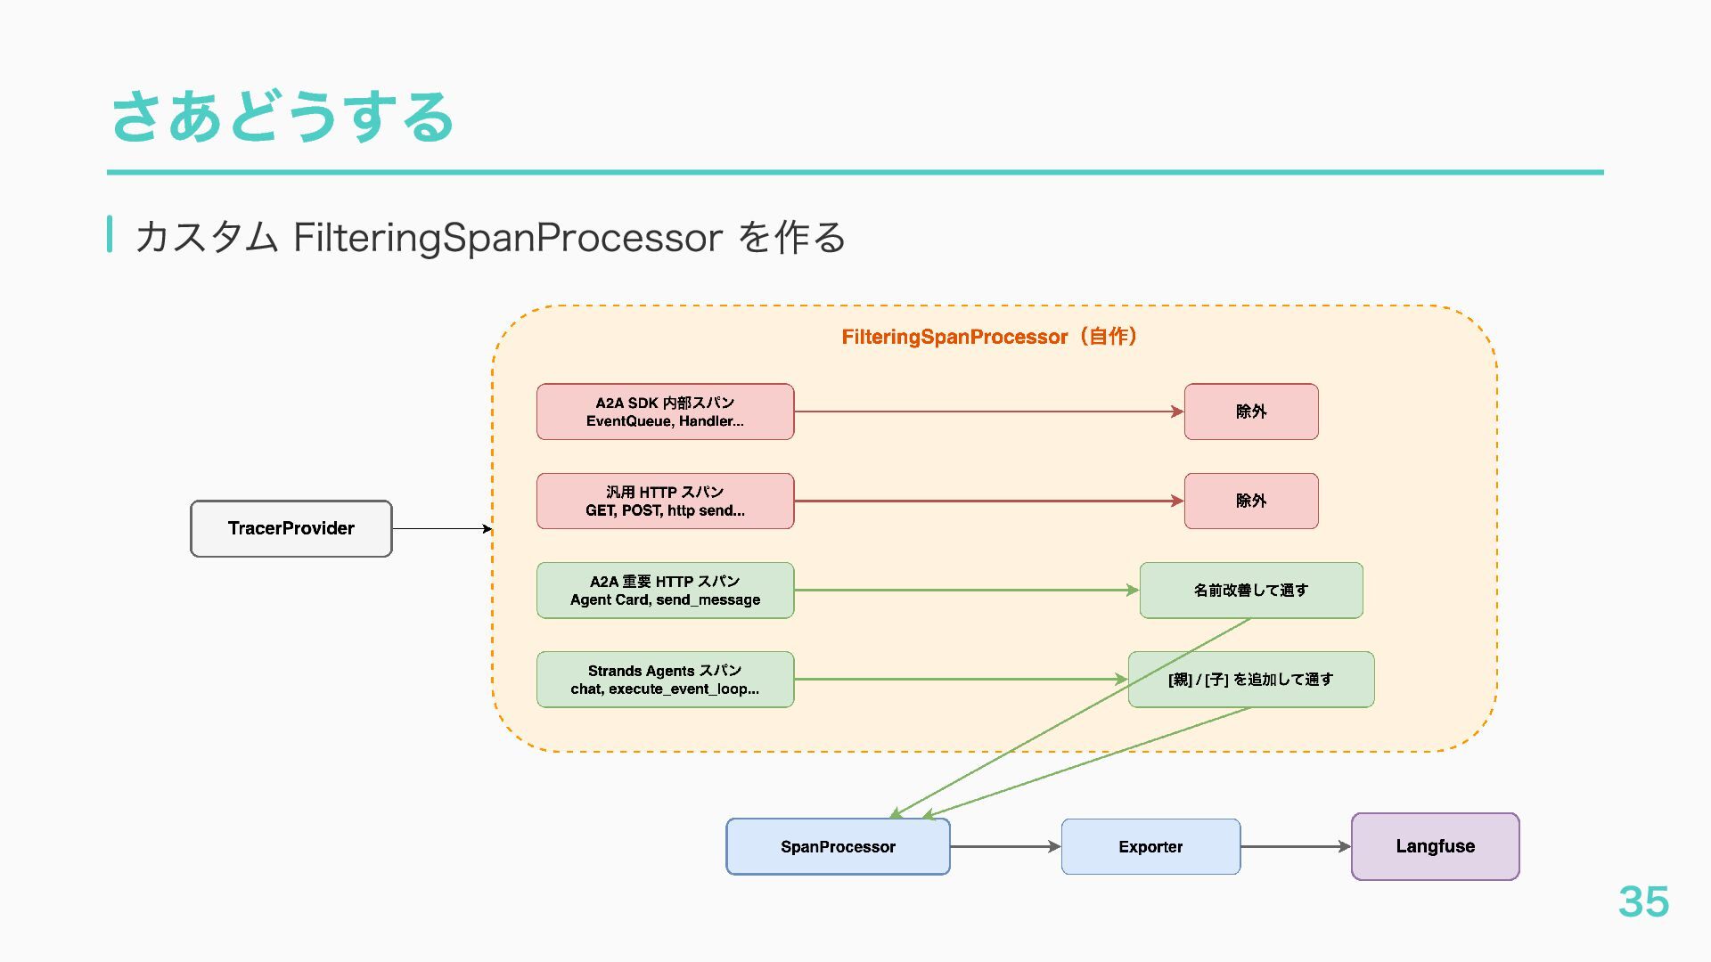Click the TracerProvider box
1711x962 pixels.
point(291,528)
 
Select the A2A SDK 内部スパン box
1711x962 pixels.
point(665,412)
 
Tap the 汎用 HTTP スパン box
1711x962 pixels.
point(665,501)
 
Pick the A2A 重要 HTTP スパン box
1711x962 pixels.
point(665,590)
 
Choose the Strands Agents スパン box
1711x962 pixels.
point(665,679)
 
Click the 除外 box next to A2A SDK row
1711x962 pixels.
point(1251,412)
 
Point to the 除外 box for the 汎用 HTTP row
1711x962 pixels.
point(1251,501)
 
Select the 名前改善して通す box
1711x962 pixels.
point(1251,590)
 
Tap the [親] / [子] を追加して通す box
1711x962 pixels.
point(1251,679)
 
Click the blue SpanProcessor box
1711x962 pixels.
point(838,846)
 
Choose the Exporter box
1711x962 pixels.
point(1150,846)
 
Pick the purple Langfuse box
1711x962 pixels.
point(1435,846)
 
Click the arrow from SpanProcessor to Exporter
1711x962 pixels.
point(1005,846)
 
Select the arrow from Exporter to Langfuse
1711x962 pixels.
point(1296,846)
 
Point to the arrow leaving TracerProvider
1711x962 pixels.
point(442,529)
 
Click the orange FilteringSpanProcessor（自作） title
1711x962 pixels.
point(989,337)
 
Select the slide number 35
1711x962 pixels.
point(1643,901)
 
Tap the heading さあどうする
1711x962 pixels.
point(283,117)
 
